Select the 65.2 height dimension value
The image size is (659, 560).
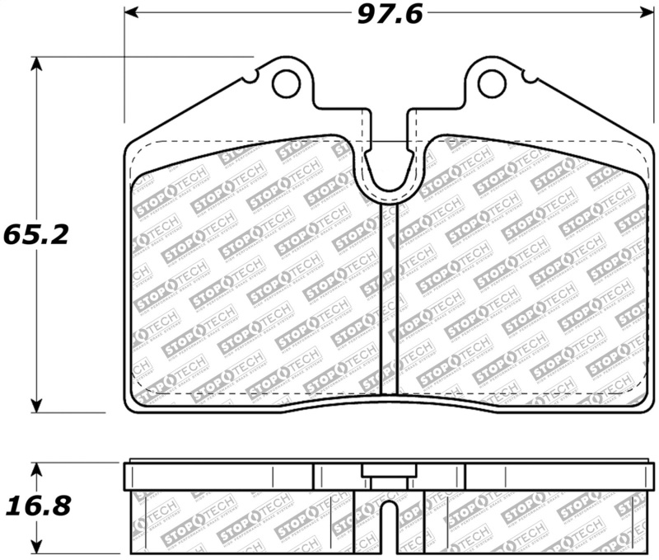[x=35, y=233]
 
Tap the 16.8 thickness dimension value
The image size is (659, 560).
[x=35, y=504]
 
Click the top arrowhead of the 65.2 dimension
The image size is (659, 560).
[x=36, y=64]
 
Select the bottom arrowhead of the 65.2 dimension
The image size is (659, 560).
[x=36, y=405]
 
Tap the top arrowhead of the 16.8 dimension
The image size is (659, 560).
[x=36, y=468]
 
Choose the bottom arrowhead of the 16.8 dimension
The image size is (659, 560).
[x=36, y=546]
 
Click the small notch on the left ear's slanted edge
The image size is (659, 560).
[x=250, y=79]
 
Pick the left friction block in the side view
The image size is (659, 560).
[x=243, y=520]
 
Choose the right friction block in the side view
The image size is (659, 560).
[x=535, y=520]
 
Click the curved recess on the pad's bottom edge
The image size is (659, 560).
[x=387, y=404]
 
